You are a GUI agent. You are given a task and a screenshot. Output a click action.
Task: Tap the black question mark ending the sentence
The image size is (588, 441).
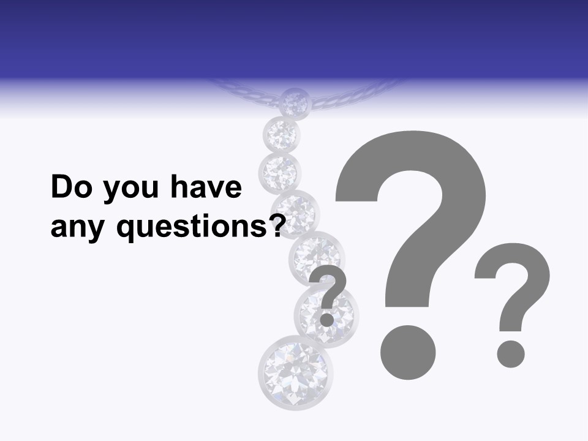(x=277, y=225)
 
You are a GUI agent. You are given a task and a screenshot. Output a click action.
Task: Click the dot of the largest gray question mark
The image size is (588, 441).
(x=408, y=352)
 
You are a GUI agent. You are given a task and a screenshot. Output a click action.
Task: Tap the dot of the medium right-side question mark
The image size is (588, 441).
(x=510, y=353)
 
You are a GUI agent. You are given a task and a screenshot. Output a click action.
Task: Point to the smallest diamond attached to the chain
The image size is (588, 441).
(x=295, y=104)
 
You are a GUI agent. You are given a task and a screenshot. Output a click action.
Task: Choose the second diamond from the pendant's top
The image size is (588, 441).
(x=282, y=133)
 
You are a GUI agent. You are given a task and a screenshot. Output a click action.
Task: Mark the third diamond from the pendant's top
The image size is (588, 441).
(x=280, y=171)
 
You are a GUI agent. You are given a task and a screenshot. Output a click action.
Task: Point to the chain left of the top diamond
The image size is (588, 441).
(x=245, y=91)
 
